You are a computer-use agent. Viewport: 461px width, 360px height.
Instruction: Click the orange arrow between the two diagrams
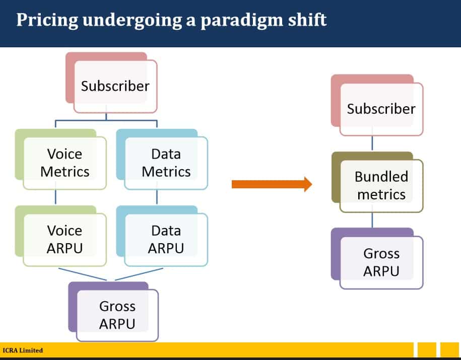272,184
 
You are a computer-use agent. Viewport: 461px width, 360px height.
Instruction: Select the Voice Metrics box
61,159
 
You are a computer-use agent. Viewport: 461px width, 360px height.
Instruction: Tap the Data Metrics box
162,159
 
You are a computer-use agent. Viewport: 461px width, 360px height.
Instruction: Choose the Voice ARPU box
61,236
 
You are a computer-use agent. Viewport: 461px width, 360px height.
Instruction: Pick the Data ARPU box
162,236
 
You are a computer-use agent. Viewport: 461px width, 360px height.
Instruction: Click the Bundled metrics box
377,182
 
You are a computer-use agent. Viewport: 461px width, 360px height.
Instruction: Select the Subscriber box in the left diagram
111,83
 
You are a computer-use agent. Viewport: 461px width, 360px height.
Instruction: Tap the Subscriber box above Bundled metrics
377,105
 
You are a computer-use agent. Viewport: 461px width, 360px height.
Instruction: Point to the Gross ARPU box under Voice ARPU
113,312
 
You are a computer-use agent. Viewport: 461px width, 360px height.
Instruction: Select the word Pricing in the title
47,21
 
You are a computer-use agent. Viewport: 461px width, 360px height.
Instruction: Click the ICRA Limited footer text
23,350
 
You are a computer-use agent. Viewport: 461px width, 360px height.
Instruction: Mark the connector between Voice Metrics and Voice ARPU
55,197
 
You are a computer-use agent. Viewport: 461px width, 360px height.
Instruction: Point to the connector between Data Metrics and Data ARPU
157,197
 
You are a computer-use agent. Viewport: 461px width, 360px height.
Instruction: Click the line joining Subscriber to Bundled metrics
372,143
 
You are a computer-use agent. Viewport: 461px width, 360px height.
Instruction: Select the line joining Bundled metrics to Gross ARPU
372,220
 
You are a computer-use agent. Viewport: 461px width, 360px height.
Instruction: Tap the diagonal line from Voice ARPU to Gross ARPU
83,274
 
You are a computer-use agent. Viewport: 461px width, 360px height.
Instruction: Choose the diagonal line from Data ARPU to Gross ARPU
139,274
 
